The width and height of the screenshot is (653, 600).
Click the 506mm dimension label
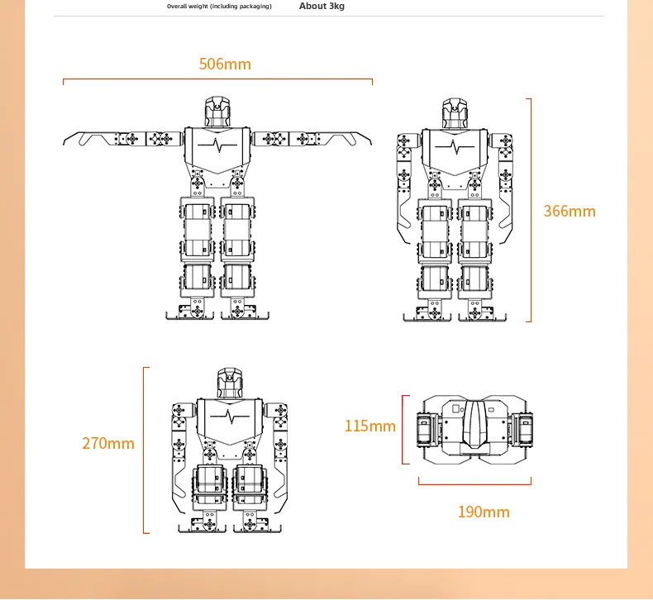225,64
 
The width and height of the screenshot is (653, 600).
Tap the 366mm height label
570,211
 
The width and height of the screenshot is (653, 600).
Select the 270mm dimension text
108,444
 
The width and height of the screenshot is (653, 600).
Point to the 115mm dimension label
369,426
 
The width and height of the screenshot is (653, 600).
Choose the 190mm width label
484,512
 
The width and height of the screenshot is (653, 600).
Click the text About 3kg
322,7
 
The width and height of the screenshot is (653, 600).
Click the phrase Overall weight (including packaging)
219,7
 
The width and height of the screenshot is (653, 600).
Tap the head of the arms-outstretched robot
217,112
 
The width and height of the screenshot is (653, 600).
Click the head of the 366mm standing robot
455,113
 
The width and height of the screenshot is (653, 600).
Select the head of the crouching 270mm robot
230,383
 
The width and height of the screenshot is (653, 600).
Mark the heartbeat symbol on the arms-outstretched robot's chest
217,145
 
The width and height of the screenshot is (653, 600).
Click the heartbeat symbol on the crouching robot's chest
230,416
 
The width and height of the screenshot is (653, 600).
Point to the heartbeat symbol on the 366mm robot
455,146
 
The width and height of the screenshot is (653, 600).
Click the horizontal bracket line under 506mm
217,79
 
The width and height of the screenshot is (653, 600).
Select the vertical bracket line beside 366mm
531,210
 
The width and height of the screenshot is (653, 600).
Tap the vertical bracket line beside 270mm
143,450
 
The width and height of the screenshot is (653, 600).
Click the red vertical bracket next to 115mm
403,429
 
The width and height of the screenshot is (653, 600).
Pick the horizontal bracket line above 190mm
474,484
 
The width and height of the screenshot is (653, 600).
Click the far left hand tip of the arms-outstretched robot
64,144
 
